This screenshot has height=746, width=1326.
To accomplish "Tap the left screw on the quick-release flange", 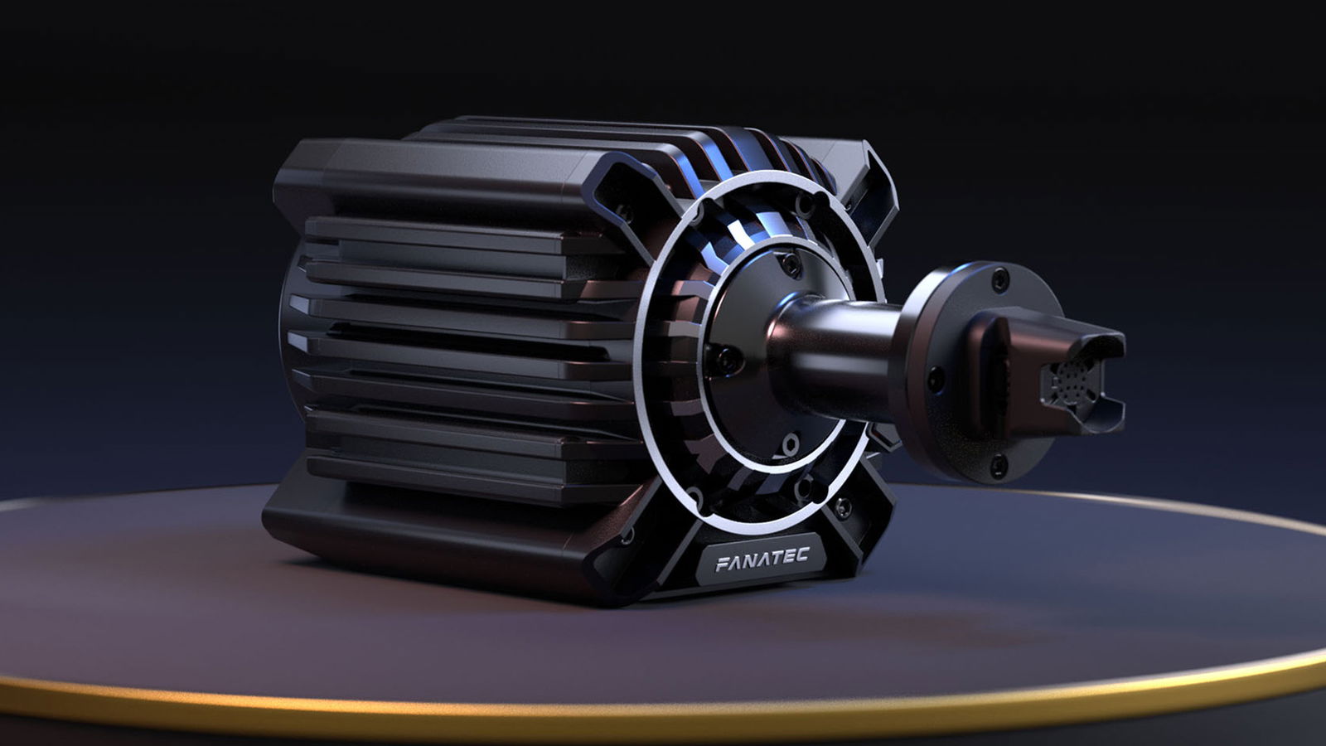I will click(936, 380).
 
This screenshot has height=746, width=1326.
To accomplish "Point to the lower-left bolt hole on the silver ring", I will click(694, 496).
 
